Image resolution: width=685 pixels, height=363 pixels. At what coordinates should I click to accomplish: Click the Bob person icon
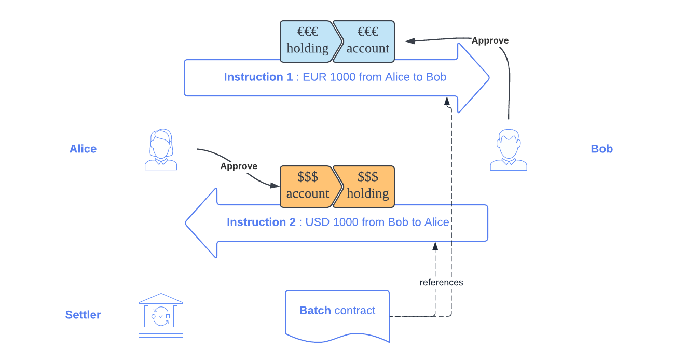[x=509, y=150]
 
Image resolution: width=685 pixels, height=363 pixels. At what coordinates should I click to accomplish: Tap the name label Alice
[x=83, y=149]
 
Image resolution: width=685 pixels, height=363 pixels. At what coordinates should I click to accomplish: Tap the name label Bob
[x=602, y=149]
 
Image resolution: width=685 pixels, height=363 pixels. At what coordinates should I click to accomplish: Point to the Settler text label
[x=83, y=315]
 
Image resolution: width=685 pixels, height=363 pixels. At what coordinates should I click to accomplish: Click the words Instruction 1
[x=258, y=77]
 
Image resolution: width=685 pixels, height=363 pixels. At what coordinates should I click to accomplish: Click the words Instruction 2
[x=261, y=222]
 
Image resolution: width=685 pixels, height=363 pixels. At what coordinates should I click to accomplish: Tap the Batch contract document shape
[x=337, y=314]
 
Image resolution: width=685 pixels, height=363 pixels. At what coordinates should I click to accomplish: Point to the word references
[x=441, y=283]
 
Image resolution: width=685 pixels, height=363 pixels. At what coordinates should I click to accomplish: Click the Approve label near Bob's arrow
[x=490, y=40]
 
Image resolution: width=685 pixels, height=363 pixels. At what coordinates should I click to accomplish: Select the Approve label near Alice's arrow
[x=239, y=166]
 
